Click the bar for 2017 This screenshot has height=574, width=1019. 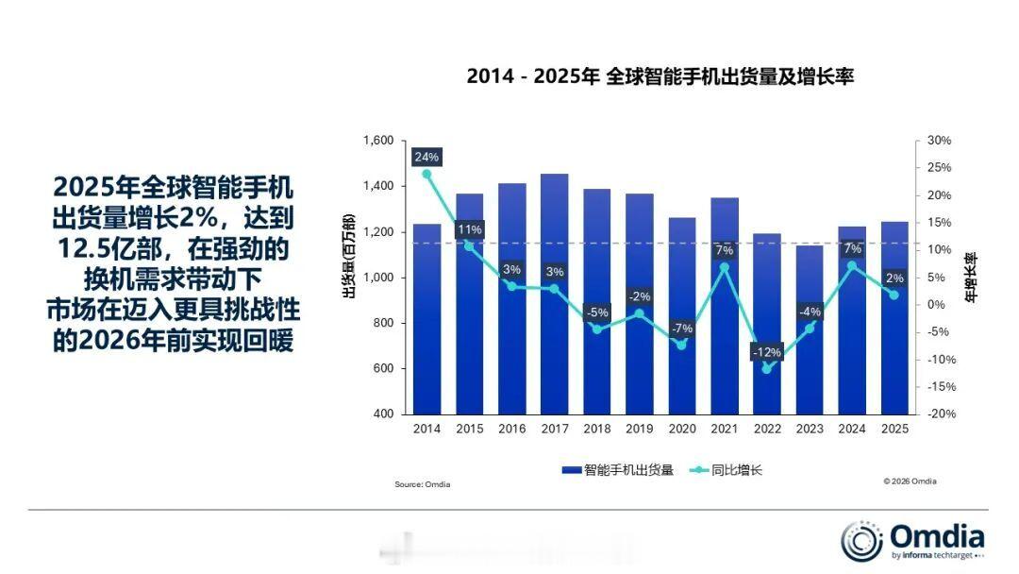coord(554,294)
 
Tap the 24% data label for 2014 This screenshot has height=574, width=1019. coord(426,157)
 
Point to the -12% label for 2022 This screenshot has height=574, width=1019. coord(766,352)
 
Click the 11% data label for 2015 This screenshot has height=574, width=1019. coord(469,229)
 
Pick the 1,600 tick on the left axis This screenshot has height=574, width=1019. coord(377,141)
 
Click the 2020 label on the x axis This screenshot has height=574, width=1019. coord(681,430)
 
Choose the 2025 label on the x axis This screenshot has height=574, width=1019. coord(894,430)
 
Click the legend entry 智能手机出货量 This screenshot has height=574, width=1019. coord(617,469)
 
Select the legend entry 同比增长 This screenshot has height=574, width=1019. coord(726,469)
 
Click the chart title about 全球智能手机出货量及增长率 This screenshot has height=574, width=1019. coord(660,76)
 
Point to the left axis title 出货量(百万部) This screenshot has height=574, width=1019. coord(349,257)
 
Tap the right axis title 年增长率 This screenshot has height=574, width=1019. coord(971,277)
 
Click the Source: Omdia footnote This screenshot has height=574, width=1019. coord(422,485)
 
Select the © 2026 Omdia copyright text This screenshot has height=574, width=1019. coord(910,481)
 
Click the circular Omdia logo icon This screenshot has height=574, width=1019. coord(862,541)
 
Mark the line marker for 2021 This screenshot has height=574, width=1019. coord(724,267)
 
